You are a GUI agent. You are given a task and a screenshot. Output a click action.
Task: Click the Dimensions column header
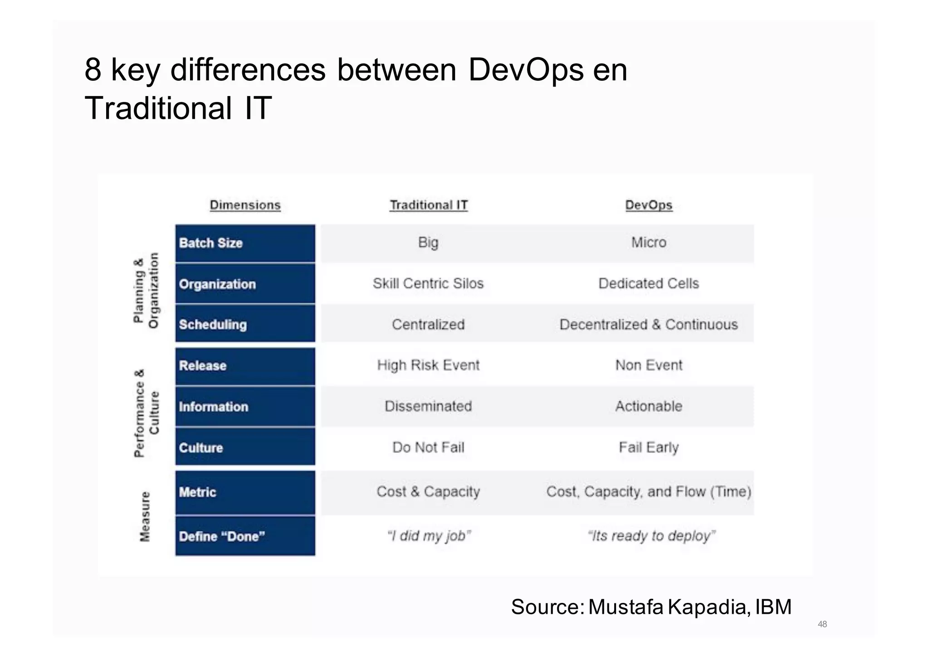click(245, 205)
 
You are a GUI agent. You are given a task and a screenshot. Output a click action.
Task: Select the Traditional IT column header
click(428, 205)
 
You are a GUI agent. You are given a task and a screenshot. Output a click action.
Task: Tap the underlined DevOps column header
click(648, 205)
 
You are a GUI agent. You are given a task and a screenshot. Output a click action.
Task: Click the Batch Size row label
click(211, 243)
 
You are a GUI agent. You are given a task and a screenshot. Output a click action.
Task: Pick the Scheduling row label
click(213, 325)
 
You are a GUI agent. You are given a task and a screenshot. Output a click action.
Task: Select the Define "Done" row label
click(222, 536)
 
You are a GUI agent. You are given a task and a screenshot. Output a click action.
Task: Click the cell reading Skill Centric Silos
click(428, 283)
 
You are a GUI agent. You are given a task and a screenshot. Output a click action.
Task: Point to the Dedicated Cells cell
click(648, 283)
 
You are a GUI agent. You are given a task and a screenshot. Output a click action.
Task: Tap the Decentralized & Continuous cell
click(648, 325)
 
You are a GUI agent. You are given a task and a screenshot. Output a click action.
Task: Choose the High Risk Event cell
click(428, 365)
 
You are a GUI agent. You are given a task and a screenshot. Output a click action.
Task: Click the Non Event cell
click(648, 365)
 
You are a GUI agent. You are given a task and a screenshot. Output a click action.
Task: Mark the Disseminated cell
click(428, 406)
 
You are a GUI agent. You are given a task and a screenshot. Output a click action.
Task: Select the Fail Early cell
click(648, 447)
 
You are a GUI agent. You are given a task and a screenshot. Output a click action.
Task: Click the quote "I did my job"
click(429, 536)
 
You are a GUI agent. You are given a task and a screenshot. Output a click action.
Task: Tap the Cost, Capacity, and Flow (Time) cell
click(648, 491)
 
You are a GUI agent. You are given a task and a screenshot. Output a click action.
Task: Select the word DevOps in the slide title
click(525, 70)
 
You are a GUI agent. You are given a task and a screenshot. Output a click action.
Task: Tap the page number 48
click(822, 624)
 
